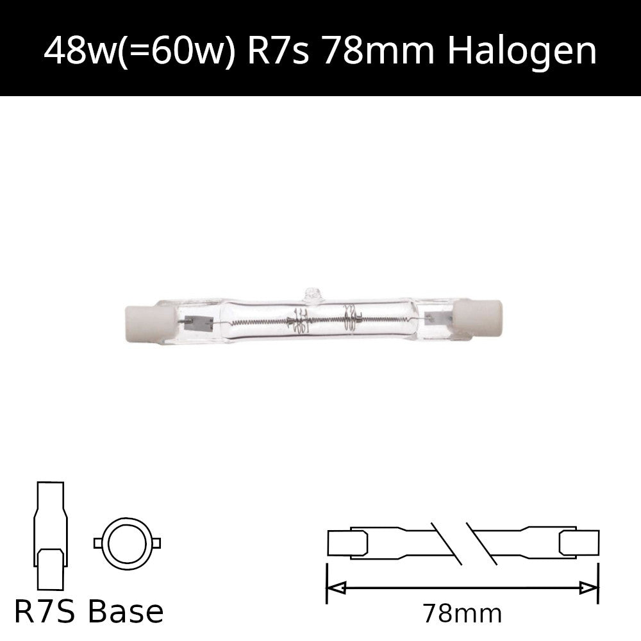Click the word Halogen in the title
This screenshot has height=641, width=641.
click(522, 51)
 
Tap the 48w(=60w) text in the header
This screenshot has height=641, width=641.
click(139, 51)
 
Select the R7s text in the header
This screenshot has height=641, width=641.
click(278, 51)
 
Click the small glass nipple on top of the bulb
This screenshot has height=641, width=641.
click(313, 296)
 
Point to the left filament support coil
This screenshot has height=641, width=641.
click(297, 319)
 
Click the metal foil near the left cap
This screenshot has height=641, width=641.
click(199, 323)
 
